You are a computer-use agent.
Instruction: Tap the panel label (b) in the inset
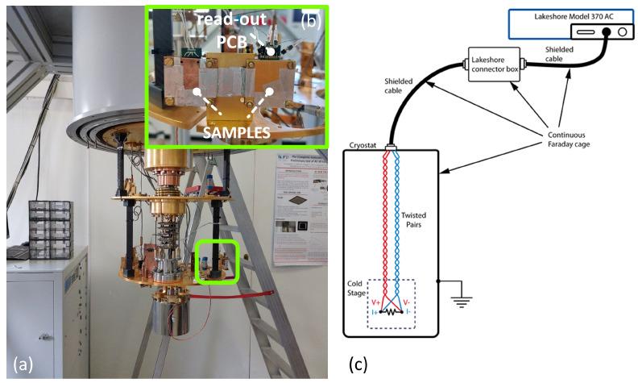[309, 22]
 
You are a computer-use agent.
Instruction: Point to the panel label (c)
[358, 364]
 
